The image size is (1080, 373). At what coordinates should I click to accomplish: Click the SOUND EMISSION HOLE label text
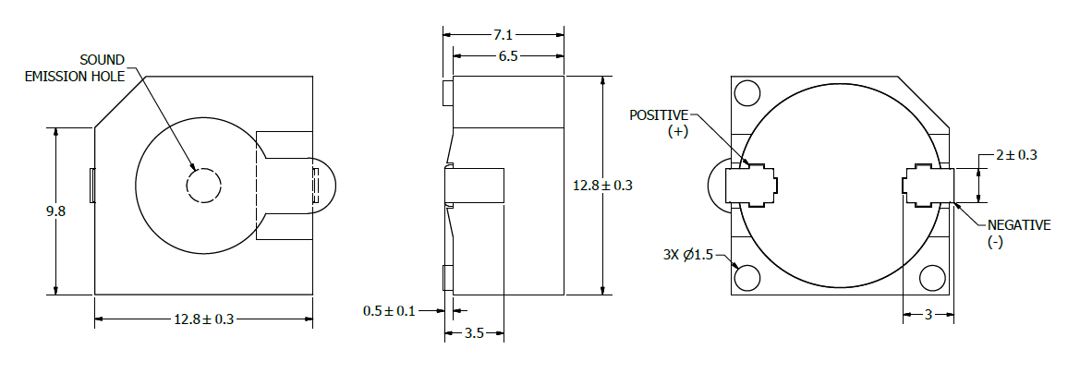coord(75,68)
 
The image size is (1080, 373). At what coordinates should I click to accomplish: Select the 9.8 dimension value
coord(55,211)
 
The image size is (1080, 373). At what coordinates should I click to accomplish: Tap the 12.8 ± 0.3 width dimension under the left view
coord(204,319)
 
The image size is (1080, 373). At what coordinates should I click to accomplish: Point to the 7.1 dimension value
coord(504,35)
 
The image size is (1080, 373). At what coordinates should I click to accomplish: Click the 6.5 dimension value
coord(508,56)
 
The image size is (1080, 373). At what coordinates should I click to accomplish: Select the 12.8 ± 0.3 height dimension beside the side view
coord(602,185)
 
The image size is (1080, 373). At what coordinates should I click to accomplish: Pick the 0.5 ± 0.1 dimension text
coord(389,311)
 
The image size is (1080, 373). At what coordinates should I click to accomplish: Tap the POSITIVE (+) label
coord(659,123)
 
